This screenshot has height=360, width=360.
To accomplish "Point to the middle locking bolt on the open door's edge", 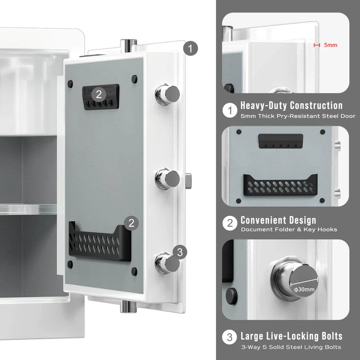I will (x=168, y=179).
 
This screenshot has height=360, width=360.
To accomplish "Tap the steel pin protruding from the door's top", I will (x=128, y=45).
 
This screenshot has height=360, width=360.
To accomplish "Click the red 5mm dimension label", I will (x=330, y=45).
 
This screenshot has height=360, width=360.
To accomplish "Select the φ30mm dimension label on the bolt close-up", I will (x=304, y=289).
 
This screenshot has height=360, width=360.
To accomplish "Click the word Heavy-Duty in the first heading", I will (x=264, y=106).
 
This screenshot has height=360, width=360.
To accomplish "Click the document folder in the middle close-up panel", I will (x=280, y=185).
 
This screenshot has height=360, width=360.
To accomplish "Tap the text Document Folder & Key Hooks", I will (x=289, y=230).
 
